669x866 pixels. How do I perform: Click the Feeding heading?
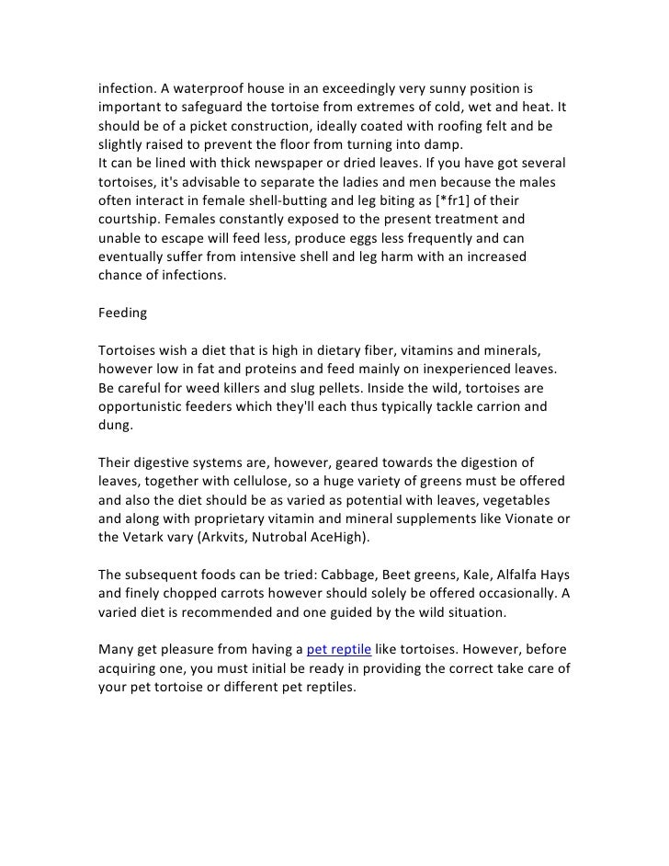(122, 313)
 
